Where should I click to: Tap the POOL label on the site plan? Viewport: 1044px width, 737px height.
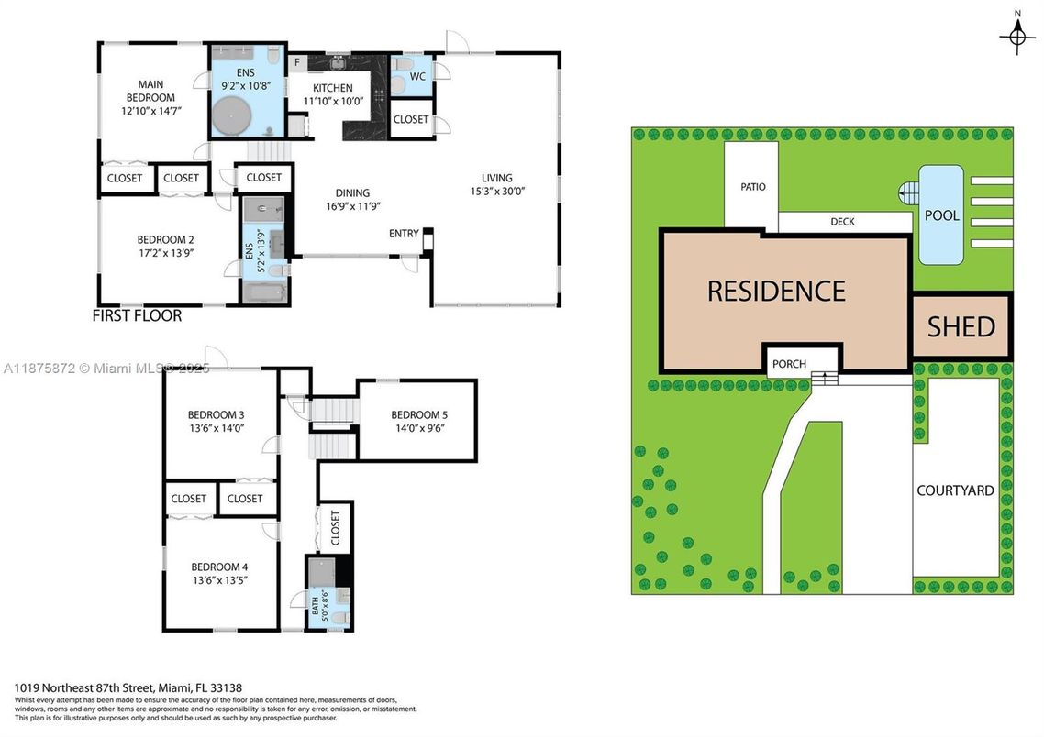coord(942,215)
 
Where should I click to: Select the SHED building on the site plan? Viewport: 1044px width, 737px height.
coord(961,326)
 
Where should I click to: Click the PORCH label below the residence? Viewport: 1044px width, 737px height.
coord(789,364)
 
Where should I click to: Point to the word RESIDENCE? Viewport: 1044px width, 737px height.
coord(776,291)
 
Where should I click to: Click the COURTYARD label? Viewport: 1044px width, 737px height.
coord(955,490)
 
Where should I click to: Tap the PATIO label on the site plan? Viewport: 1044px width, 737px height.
coord(753,187)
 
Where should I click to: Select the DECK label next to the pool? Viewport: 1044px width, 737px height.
coord(842,222)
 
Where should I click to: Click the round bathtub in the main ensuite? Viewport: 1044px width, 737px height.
coord(230,117)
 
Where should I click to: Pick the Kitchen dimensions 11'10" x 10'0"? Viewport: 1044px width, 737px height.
coord(331,102)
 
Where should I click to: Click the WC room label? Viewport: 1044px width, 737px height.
coord(417,76)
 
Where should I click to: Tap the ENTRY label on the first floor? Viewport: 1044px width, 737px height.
coord(404,234)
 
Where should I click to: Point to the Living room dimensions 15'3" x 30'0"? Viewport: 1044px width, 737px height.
coord(497,192)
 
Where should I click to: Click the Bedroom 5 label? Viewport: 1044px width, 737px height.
coord(418,413)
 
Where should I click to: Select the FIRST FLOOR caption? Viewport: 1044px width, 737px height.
coord(137,315)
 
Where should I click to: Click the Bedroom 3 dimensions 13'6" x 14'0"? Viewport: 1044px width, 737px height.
coord(216,427)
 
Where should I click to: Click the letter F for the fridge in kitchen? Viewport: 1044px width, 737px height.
coord(297,62)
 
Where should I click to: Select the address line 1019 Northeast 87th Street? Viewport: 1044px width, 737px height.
coord(128,687)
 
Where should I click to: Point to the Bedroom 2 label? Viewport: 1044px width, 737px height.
coord(153,239)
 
